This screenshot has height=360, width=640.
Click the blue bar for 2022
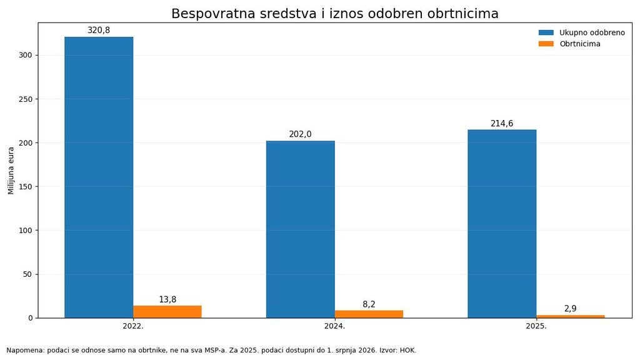[x=99, y=177]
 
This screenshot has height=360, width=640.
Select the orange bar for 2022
[x=167, y=312]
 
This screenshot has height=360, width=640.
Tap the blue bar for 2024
[x=301, y=229]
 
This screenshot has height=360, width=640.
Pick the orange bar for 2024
[x=369, y=314]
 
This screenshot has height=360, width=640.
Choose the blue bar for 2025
[x=502, y=224]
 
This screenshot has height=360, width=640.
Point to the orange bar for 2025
[x=571, y=317]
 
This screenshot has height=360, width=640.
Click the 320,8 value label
[x=99, y=30]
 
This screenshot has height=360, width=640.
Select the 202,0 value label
[x=301, y=134]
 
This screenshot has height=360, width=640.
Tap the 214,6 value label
[x=502, y=123]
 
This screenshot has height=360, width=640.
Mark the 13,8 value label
[x=167, y=299]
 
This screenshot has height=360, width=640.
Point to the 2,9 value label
[x=571, y=309]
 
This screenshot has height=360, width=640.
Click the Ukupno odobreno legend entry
[x=582, y=32]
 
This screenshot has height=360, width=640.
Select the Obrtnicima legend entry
[x=569, y=44]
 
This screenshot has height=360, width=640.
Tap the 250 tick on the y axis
[x=26, y=99]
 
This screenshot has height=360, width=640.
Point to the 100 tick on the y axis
[x=26, y=230]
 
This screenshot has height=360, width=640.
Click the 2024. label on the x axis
[x=335, y=326]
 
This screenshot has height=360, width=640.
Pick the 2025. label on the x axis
[x=536, y=326]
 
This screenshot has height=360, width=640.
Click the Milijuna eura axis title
[x=11, y=171]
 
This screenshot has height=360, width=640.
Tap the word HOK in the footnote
[x=407, y=350]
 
